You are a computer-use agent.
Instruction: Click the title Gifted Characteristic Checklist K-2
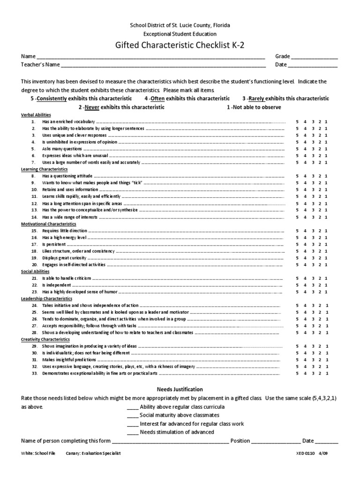point(180,45)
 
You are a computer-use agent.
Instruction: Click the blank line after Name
point(150,57)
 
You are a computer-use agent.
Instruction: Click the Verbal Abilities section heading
point(36,115)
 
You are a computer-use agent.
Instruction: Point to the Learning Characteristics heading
point(45,169)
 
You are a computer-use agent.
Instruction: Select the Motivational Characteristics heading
point(48,224)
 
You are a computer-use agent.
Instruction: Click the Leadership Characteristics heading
point(46,298)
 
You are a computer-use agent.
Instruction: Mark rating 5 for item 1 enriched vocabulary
point(297,122)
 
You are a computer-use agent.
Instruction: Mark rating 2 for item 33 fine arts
point(319,374)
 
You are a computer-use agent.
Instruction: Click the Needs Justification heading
point(180,390)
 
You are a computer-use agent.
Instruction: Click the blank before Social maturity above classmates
point(133,415)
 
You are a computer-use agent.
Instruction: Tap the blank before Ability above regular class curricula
point(133,407)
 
